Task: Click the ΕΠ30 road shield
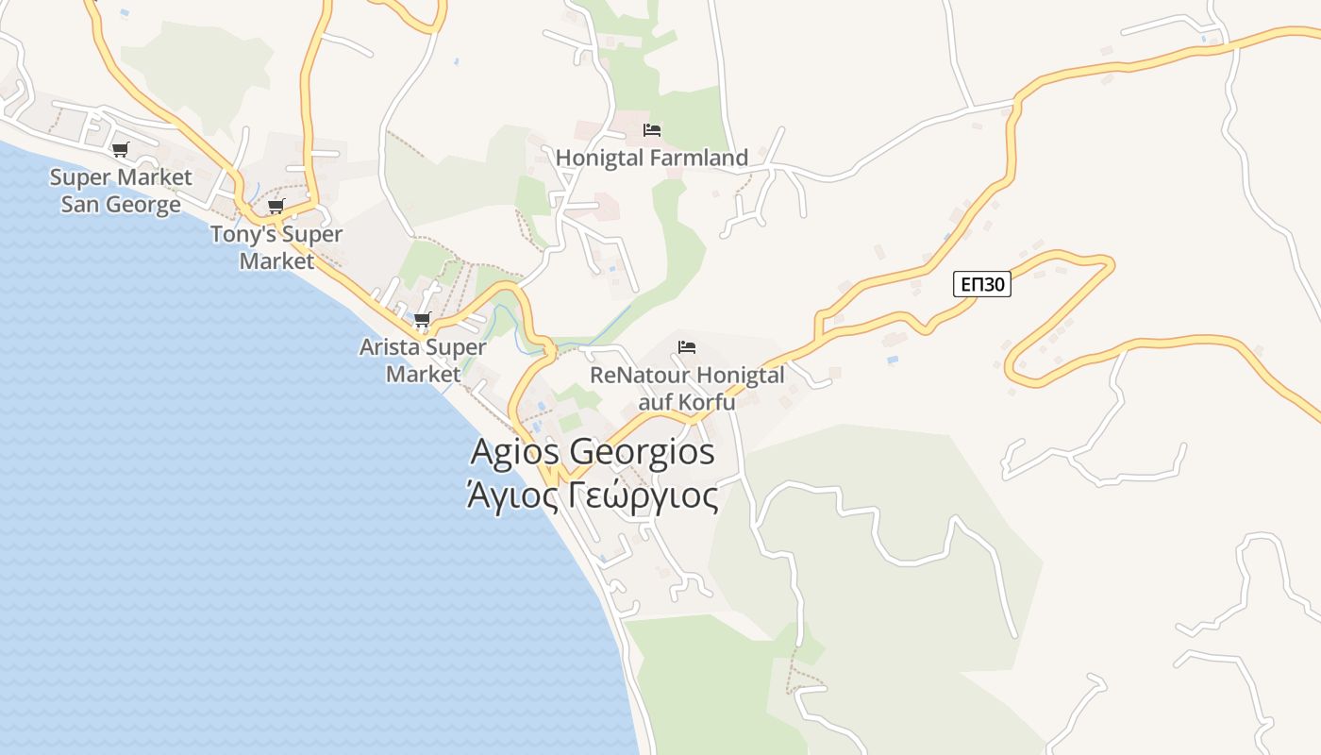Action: pyautogui.click(x=981, y=284)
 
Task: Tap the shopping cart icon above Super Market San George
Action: pyautogui.click(x=120, y=149)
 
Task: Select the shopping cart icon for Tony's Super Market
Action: pyautogui.click(x=276, y=207)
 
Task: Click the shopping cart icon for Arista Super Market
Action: pyautogui.click(x=422, y=320)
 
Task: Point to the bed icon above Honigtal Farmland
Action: pyautogui.click(x=652, y=130)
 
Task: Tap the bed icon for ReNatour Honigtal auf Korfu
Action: pyautogui.click(x=687, y=348)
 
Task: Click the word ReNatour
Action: pyautogui.click(x=634, y=376)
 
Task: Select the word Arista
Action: pyautogui.click(x=391, y=347)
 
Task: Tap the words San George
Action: pyautogui.click(x=121, y=204)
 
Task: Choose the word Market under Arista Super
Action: pyautogui.click(x=424, y=374)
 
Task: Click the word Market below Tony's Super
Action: pyautogui.click(x=276, y=260)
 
